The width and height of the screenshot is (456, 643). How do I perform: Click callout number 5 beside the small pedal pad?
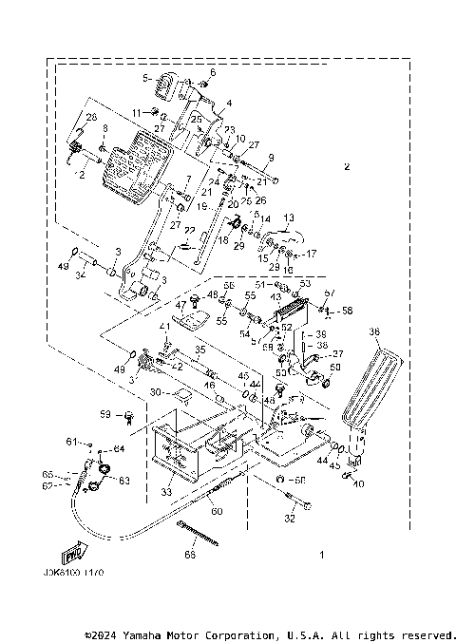[x=146, y=78]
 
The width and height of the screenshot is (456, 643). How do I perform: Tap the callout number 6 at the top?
[x=212, y=72]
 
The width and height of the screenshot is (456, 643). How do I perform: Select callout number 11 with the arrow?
[x=137, y=112]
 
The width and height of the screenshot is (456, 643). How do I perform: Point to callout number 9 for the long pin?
[x=271, y=157]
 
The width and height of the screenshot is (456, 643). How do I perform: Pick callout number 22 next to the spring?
[x=191, y=231]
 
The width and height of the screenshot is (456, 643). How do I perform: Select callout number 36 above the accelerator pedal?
[x=373, y=331]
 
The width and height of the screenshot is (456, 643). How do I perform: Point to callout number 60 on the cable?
[x=218, y=511]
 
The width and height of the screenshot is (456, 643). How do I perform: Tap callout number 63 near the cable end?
[x=123, y=481]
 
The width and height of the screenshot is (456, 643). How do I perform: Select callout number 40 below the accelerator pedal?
[x=359, y=483]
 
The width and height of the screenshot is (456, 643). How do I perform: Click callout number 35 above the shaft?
[x=201, y=350]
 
